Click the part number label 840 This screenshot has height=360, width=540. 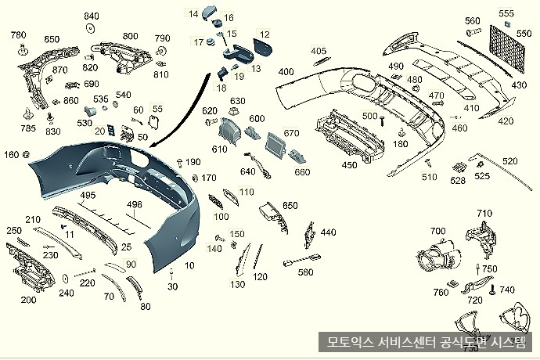(92, 16)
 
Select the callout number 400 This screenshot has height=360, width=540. (286, 72)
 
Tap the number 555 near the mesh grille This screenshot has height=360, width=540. (506, 13)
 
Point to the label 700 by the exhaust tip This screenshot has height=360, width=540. (437, 231)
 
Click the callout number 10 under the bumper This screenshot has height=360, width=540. (189, 266)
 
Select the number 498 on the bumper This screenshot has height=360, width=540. (135, 204)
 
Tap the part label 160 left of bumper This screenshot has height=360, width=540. (12, 154)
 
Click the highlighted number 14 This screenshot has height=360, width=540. (193, 13)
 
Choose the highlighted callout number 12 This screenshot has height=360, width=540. (265, 34)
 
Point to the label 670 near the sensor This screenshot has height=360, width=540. (292, 133)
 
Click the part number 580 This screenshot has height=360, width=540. (305, 272)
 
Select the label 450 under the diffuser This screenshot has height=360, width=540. (350, 164)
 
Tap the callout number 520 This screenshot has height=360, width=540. (509, 161)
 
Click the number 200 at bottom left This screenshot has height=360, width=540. (28, 300)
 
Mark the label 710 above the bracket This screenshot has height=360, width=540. (484, 214)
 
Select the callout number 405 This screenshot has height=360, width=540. (319, 52)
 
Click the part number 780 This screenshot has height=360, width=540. (17, 35)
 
